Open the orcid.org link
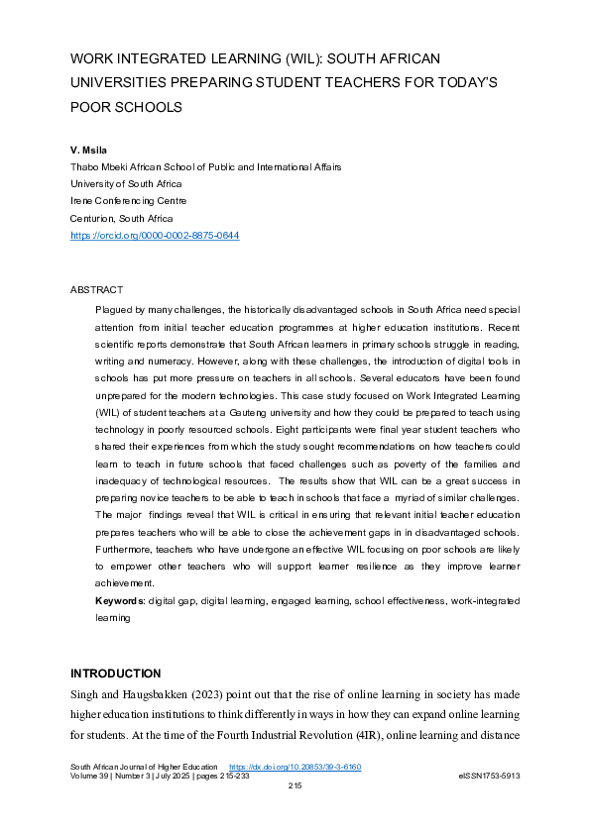click(x=155, y=236)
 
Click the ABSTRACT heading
click(x=96, y=290)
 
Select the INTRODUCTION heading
click(x=115, y=674)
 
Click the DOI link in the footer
click(x=308, y=767)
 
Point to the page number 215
click(x=295, y=785)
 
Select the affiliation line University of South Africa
click(x=126, y=184)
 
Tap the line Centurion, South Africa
click(x=121, y=218)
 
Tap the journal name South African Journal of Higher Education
click(x=143, y=767)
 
